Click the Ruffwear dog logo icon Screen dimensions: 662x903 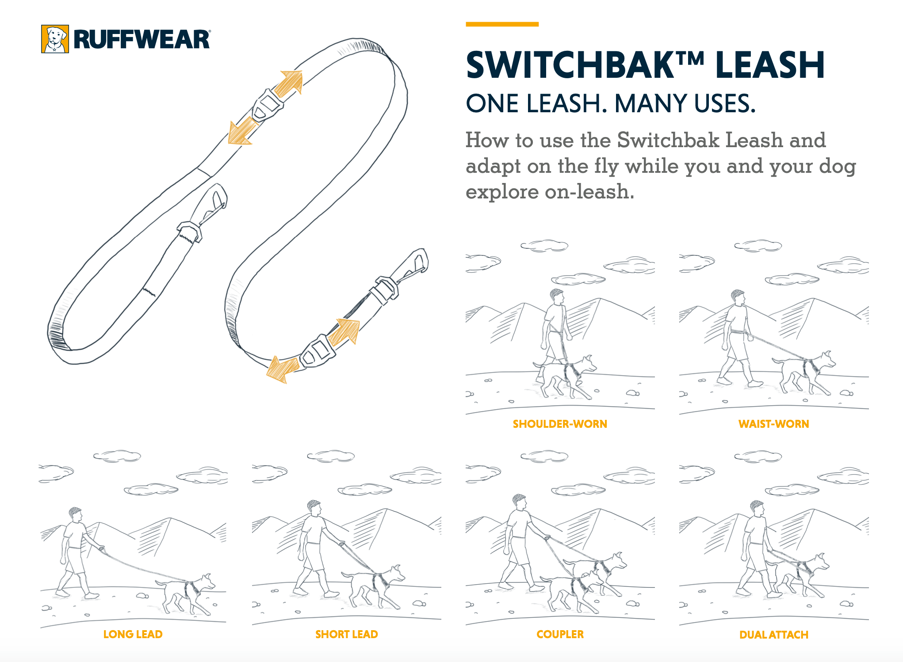click(x=55, y=39)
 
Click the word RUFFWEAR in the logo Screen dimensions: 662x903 click(x=142, y=40)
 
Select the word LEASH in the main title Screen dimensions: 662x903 click(x=769, y=65)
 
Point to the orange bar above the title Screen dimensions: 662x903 click(x=502, y=24)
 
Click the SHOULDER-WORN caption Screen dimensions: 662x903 click(x=560, y=424)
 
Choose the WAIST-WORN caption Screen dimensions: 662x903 click(x=773, y=424)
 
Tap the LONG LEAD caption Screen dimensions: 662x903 click(x=133, y=634)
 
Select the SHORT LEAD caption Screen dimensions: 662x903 click(x=346, y=634)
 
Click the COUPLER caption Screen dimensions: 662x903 click(x=560, y=634)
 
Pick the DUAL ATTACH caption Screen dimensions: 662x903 click(x=773, y=635)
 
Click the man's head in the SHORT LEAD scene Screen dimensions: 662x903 click(x=314, y=507)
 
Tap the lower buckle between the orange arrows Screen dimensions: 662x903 click(x=317, y=351)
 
